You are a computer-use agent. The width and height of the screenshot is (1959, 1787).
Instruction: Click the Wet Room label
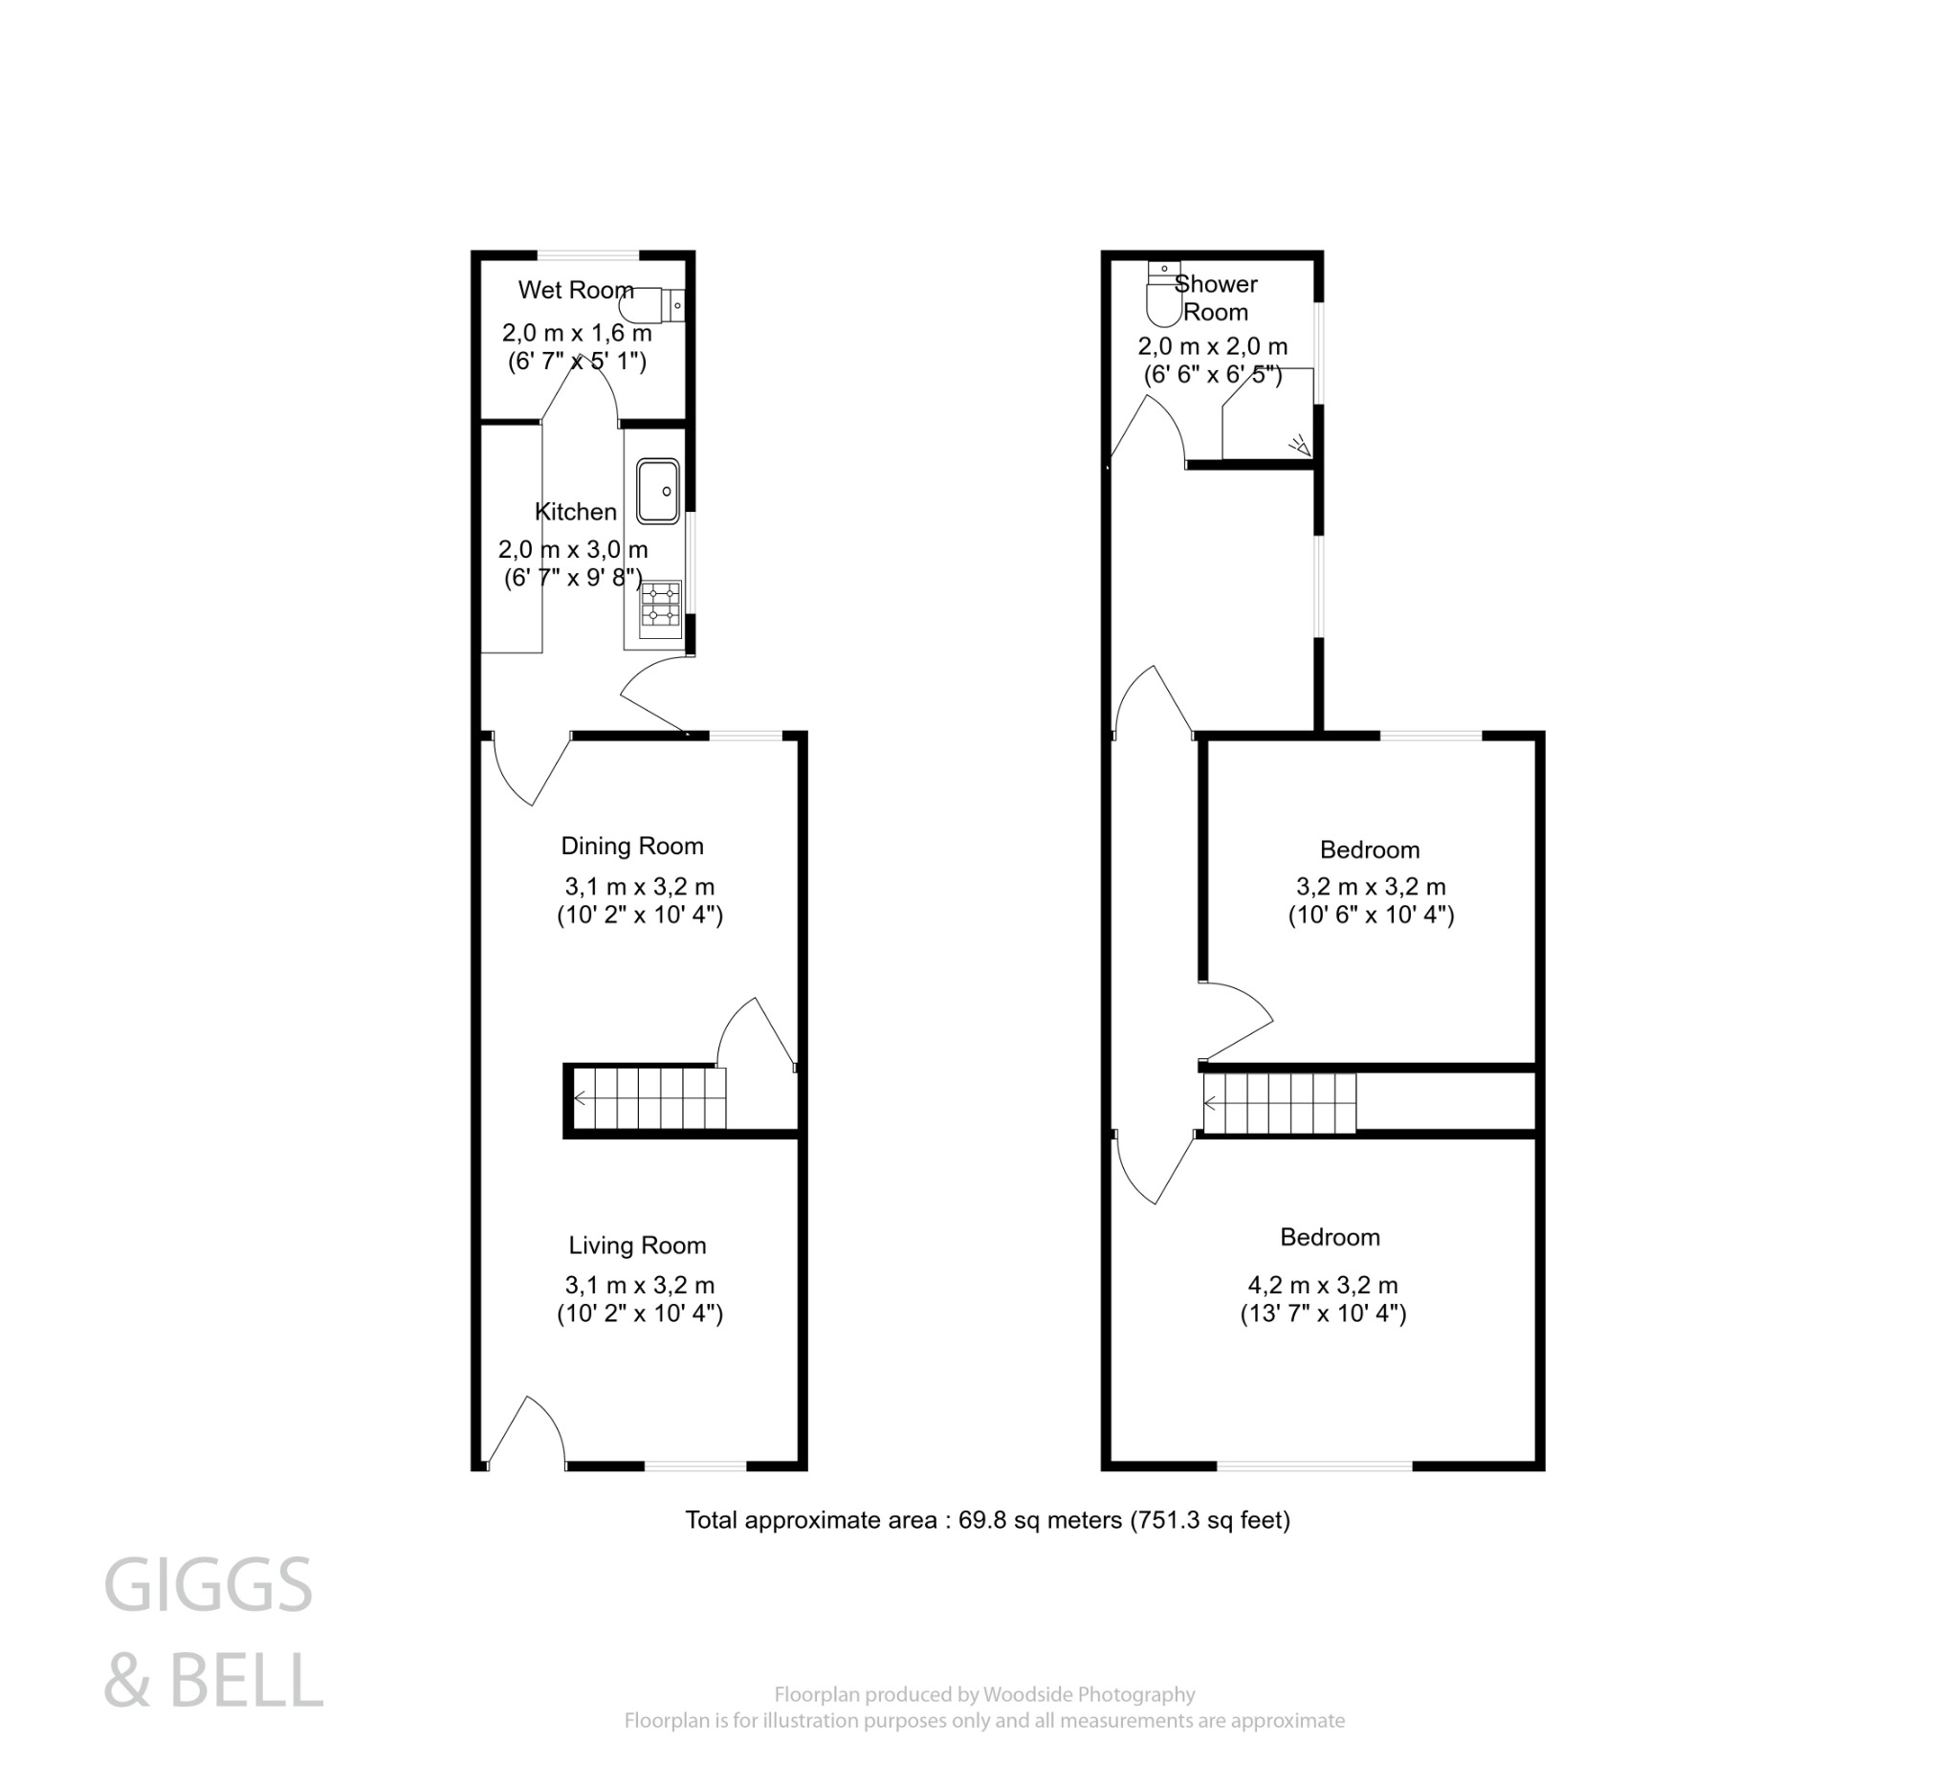click(575, 290)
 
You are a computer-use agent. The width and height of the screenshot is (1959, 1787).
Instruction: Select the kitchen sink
click(658, 492)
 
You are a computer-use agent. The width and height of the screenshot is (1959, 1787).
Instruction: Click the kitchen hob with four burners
click(661, 604)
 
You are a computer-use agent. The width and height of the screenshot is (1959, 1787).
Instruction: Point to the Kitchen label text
click(575, 511)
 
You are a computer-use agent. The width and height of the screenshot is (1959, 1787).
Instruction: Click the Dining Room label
click(631, 846)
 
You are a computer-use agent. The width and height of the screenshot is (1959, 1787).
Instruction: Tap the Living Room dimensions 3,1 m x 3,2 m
click(639, 1286)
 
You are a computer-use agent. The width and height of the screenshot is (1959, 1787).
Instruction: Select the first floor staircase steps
click(1280, 1103)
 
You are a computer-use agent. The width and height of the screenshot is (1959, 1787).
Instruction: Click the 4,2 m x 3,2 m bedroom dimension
click(1323, 1286)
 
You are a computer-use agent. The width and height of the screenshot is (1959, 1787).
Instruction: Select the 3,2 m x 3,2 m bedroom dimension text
click(1370, 886)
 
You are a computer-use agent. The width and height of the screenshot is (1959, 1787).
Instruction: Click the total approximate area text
click(987, 1520)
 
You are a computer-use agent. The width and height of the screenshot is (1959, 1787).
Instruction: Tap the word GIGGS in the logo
click(208, 1585)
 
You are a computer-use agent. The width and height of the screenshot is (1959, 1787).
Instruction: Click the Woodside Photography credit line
click(984, 1695)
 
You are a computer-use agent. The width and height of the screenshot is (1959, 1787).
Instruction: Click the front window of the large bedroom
click(1313, 1466)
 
